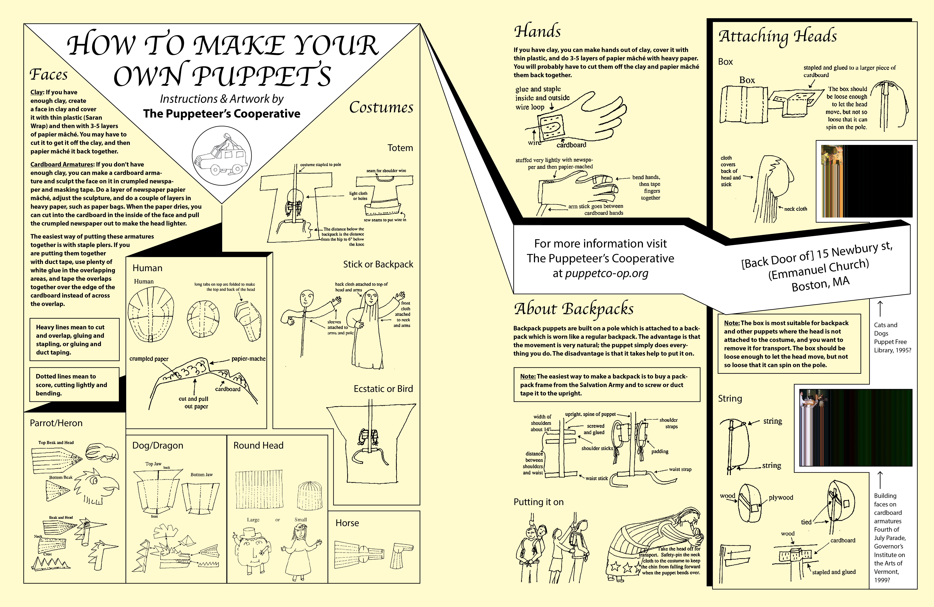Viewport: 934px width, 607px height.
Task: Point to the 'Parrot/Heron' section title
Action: pos(56,423)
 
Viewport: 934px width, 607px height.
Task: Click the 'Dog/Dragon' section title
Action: pos(158,445)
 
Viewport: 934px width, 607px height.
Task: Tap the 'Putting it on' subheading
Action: pos(538,502)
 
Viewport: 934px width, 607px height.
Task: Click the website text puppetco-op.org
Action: pos(606,273)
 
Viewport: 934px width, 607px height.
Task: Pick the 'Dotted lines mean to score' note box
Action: pos(74,385)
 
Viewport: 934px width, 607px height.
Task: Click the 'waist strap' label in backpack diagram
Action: pos(680,469)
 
